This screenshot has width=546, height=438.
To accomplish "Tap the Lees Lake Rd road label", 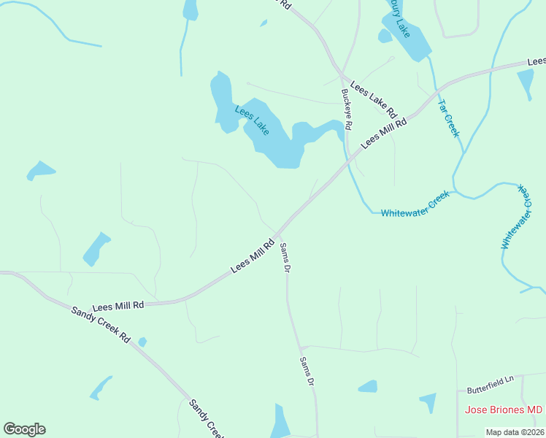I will [372, 99].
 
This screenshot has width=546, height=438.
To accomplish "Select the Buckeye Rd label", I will [347, 109].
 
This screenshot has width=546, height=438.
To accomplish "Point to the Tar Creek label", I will [448, 117].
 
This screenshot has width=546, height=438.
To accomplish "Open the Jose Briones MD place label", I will [504, 410].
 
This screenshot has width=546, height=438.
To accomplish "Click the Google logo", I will [24, 429].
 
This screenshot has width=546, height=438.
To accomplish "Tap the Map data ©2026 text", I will [514, 432].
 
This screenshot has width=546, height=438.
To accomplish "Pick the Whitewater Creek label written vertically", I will [514, 217].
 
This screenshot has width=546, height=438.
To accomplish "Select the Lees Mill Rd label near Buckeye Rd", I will [382, 132].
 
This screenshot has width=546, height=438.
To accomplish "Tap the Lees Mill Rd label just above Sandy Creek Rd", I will [118, 306].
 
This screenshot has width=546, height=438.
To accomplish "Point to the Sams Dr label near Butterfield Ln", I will [307, 372].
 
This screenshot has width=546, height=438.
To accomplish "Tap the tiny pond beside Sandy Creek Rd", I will [142, 342].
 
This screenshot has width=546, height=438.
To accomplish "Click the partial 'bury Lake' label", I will [399, 19].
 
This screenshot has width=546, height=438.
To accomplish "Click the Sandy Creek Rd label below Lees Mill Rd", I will [101, 325].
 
